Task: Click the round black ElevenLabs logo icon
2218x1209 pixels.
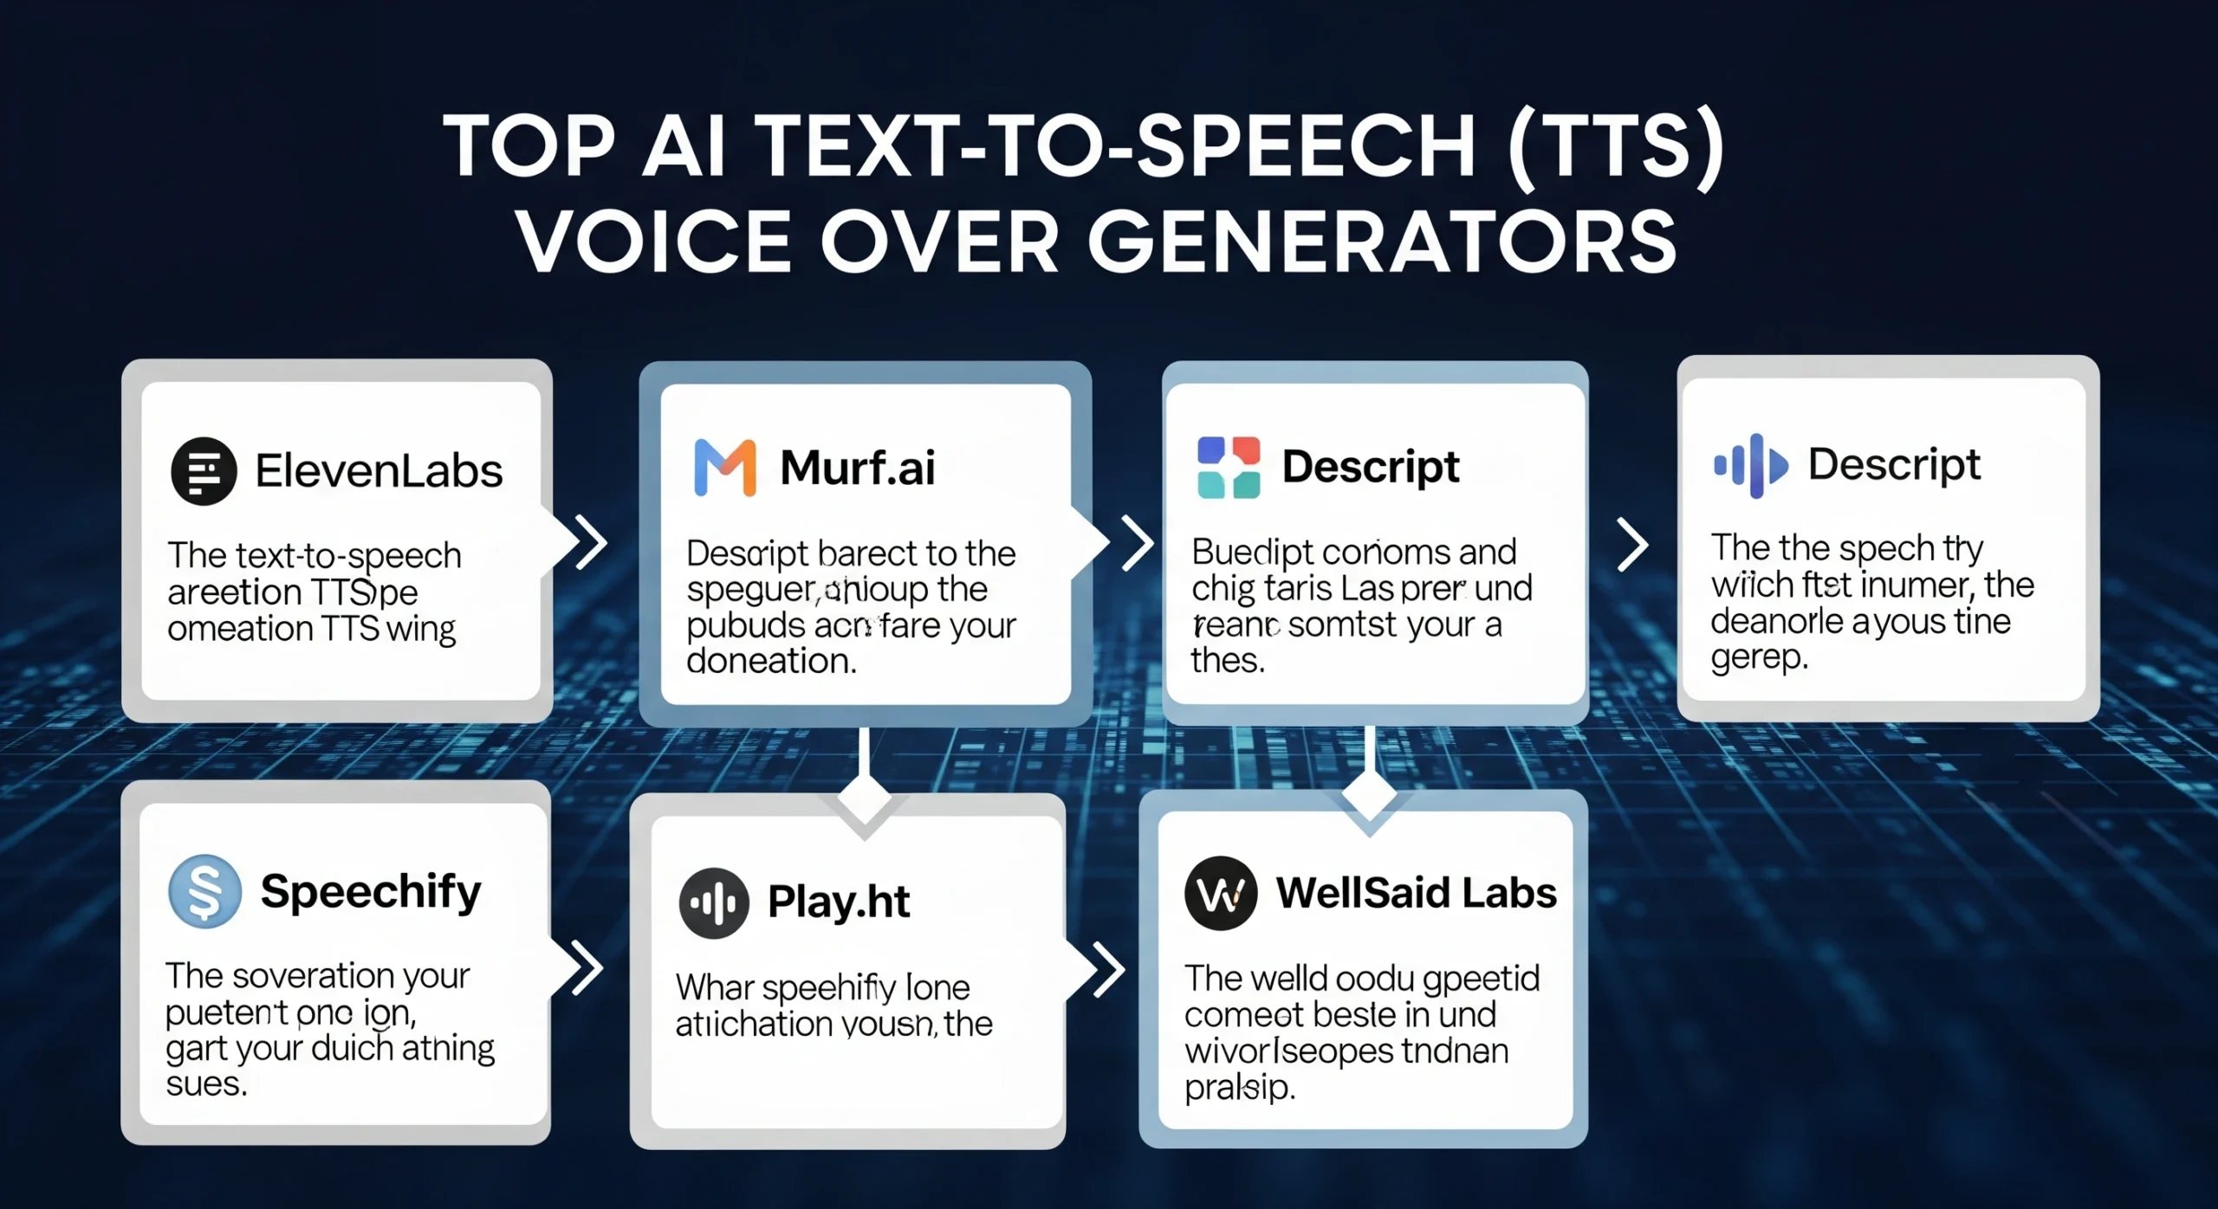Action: coord(204,471)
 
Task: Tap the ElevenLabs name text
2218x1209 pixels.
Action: coord(379,471)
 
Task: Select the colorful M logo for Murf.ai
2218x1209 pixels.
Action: coord(725,468)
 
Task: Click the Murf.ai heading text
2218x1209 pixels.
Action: coord(857,468)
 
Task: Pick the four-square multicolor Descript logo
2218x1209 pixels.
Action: coord(1228,468)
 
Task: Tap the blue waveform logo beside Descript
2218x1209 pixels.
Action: coord(1750,466)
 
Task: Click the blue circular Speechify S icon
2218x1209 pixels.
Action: coord(204,891)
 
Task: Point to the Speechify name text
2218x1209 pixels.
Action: coord(371,892)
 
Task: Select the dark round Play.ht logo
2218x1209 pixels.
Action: coord(714,903)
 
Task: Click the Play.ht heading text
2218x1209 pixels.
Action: coord(839,902)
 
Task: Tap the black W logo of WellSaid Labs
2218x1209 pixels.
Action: coord(1221,894)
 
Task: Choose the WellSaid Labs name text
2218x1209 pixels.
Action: coord(1416,893)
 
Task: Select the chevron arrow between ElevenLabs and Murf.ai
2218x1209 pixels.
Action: coord(593,543)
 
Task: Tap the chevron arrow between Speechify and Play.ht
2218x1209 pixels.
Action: coord(587,967)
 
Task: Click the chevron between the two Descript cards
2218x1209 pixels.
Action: coord(1633,546)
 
